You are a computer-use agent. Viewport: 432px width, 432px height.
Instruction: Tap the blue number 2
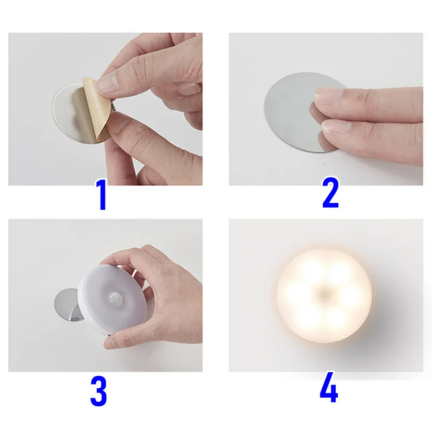330,193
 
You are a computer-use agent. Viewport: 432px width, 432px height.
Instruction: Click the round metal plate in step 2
289,111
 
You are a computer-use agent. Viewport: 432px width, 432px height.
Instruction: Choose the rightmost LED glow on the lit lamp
353,294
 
